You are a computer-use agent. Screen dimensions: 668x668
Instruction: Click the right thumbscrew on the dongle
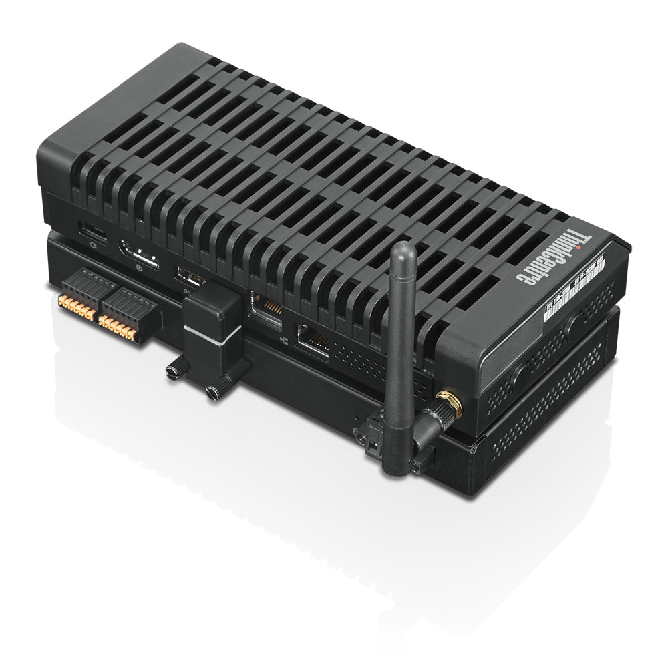coord(218,390)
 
